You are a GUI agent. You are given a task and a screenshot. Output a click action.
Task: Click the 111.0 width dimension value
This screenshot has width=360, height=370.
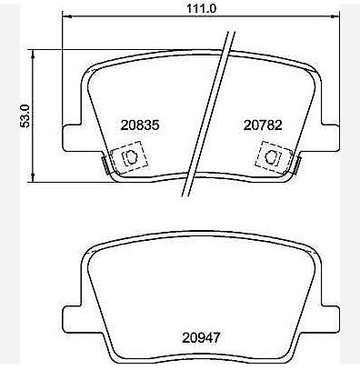pos(201,8)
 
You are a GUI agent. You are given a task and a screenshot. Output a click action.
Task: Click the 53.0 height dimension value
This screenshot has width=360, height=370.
pos(25,115)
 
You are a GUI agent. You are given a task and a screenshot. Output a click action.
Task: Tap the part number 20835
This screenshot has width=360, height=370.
pos(140,125)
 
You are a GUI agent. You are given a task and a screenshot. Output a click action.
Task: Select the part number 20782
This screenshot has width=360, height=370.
pos(263,125)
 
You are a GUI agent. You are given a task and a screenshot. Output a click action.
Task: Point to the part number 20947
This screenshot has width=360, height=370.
pos(201,337)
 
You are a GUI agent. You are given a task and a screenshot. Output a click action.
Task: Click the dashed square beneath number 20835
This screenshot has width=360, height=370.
pos(129,157)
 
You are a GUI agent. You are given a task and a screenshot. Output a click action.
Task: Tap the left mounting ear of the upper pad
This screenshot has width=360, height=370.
pos(72,138)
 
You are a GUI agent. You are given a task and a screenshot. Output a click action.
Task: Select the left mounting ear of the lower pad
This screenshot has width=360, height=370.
pos(72,320)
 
